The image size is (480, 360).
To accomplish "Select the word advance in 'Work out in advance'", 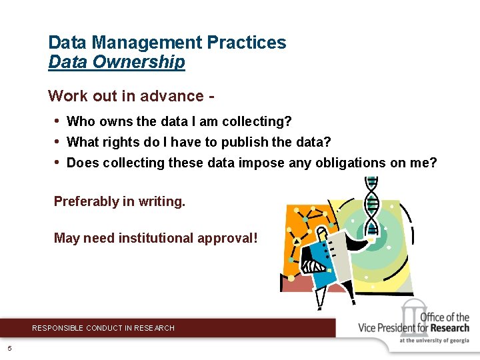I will click(x=172, y=96).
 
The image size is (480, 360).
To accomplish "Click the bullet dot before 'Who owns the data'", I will click(x=58, y=121).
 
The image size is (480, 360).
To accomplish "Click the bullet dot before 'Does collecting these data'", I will click(x=58, y=163).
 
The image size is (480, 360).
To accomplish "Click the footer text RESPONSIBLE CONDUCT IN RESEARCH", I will click(x=103, y=328).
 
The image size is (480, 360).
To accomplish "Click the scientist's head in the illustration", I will click(x=323, y=234).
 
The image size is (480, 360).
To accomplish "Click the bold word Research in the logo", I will click(x=449, y=327).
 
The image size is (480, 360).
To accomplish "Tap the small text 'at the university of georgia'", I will click(x=434, y=341).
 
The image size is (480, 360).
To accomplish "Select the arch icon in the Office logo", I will click(x=411, y=315).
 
